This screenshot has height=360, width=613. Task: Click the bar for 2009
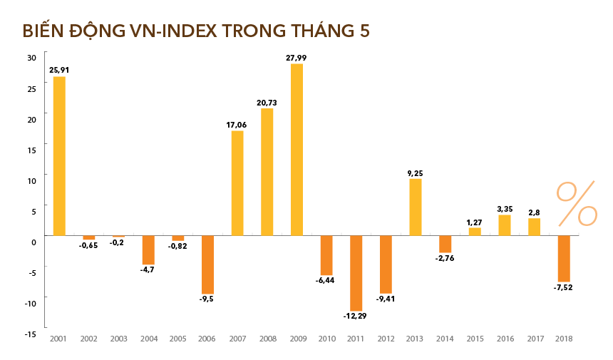(297, 150)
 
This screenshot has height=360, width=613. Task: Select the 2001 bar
(59, 155)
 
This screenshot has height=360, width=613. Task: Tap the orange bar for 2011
(356, 273)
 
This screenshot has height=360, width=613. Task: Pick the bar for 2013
(415, 207)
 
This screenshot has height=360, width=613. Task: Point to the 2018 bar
(563, 258)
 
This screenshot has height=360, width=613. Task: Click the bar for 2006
(207, 264)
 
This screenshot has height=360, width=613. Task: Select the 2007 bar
(237, 182)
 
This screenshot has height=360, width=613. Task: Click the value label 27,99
(297, 58)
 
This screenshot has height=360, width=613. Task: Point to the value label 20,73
(267, 103)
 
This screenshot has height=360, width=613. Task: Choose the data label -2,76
(445, 258)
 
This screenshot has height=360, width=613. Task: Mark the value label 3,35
(504, 209)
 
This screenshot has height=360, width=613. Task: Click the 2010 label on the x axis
(326, 339)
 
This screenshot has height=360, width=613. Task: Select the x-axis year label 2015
(474, 339)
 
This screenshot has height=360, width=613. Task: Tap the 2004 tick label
(148, 339)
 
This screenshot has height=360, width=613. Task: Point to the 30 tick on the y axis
(31, 58)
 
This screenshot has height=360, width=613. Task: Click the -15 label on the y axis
(30, 334)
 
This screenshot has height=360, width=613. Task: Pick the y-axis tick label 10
(31, 180)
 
